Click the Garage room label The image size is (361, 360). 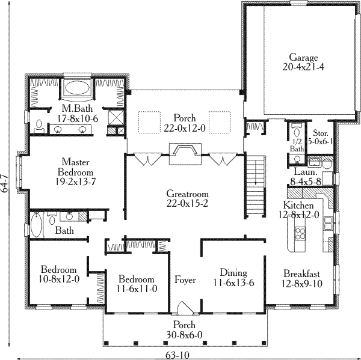click(303, 57)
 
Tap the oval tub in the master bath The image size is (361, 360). click(77, 87)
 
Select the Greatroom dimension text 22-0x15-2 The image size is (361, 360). click(187, 203)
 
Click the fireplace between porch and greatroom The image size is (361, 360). click(185, 154)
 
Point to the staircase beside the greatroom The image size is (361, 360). click(256, 186)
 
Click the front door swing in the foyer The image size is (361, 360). click(185, 308)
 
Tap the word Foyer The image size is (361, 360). click(185, 279)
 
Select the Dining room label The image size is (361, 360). click(233, 273)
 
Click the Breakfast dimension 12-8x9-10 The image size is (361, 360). click(302, 284)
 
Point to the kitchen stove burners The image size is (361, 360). click(300, 233)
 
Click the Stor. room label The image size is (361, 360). click(320, 133)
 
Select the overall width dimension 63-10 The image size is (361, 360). click(177, 356)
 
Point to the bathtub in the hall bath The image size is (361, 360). click(36, 225)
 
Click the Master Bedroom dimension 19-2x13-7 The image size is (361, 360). click(76, 182)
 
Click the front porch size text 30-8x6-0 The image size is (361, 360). click(184, 335)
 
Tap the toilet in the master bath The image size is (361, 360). click(39, 126)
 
